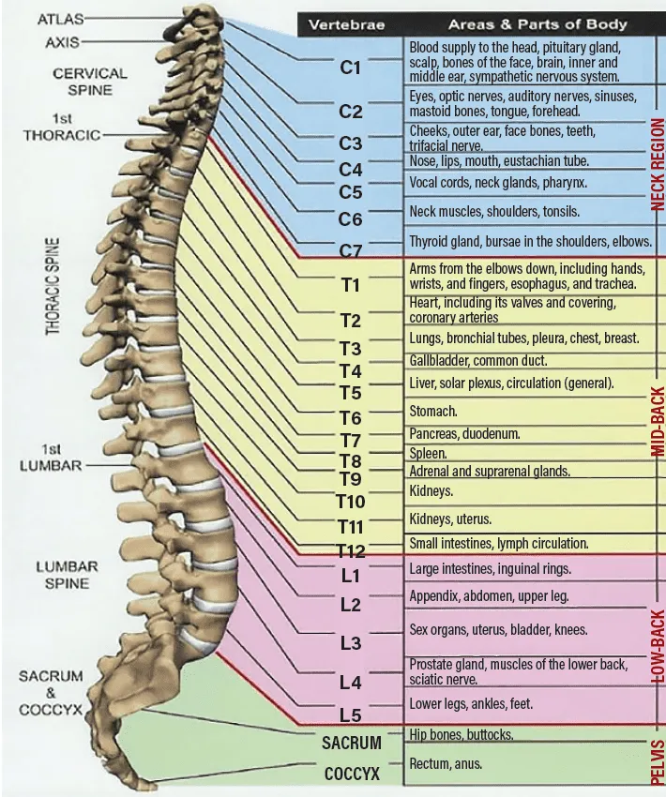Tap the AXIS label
click(x=62, y=42)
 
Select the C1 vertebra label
click(x=350, y=68)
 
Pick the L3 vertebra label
click(x=350, y=643)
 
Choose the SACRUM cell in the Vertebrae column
click(x=352, y=743)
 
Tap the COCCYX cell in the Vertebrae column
click(x=352, y=774)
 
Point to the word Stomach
click(x=432, y=411)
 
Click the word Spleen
click(x=428, y=453)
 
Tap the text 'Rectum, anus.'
click(x=446, y=764)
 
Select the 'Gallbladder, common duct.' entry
click(x=477, y=360)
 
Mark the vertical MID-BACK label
click(x=658, y=422)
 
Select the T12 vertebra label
click(x=351, y=550)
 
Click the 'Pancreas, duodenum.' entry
click(x=464, y=434)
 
